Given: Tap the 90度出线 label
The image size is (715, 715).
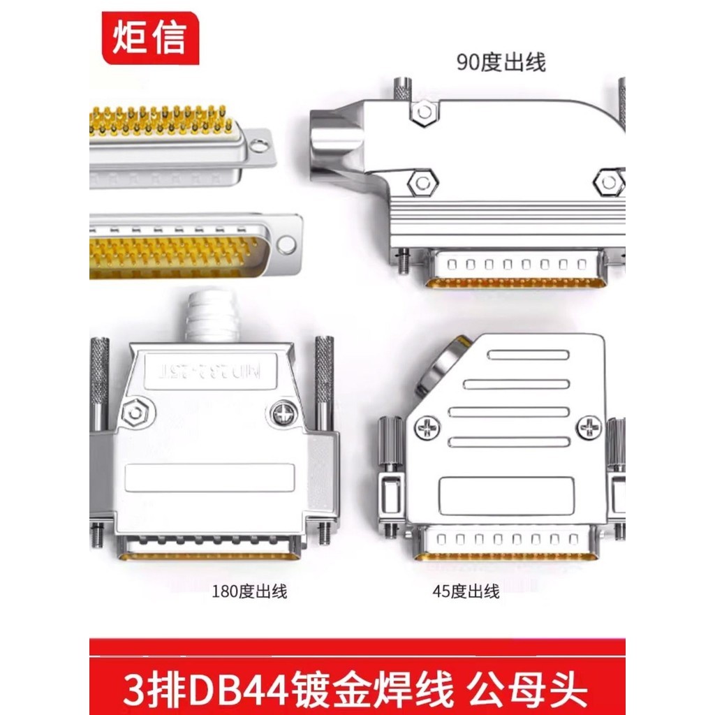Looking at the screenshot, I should tap(501, 63).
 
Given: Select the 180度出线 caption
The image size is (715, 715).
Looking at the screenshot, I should tap(249, 593).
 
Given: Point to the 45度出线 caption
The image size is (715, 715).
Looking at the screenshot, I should tap(466, 593).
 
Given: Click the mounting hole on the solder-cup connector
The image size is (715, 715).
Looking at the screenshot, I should tap(259, 145).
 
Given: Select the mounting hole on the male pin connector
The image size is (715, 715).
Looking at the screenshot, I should tap(286, 244).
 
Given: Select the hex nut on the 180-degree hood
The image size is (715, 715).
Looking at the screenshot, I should tap(133, 414).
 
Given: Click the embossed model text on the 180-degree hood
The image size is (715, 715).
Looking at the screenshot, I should tap(209, 369).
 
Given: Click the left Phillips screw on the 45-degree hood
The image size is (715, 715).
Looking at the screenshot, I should tap(427, 427).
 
